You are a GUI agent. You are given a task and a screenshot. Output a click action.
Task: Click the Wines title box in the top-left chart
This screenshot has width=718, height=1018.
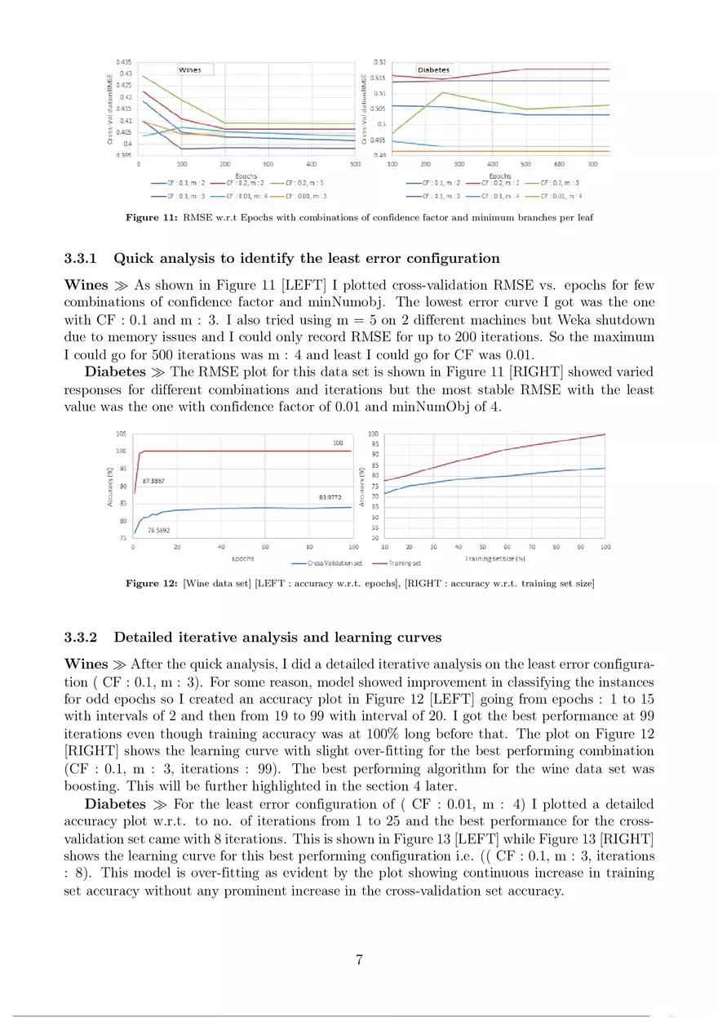(190, 70)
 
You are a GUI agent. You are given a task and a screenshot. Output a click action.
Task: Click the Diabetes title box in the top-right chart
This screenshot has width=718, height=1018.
(433, 70)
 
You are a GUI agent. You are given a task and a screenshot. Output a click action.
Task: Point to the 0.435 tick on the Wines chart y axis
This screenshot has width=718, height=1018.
(124, 62)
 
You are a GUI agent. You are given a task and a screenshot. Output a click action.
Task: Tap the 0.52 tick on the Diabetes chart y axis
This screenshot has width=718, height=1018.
(379, 62)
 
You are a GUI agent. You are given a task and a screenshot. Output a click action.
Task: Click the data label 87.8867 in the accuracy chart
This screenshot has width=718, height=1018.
(153, 482)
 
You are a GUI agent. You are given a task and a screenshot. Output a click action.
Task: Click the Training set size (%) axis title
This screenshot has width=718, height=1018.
(494, 558)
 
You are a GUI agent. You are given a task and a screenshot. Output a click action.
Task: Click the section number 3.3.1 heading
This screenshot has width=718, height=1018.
(80, 259)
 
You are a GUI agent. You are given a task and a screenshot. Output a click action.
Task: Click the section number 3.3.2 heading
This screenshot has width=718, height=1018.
(80, 637)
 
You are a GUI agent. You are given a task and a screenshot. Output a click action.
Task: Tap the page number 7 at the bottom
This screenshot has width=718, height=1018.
(359, 960)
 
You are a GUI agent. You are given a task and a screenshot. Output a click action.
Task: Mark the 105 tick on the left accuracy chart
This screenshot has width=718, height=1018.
(121, 434)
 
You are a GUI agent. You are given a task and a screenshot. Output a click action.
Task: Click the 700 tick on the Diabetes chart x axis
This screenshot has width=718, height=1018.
(590, 164)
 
